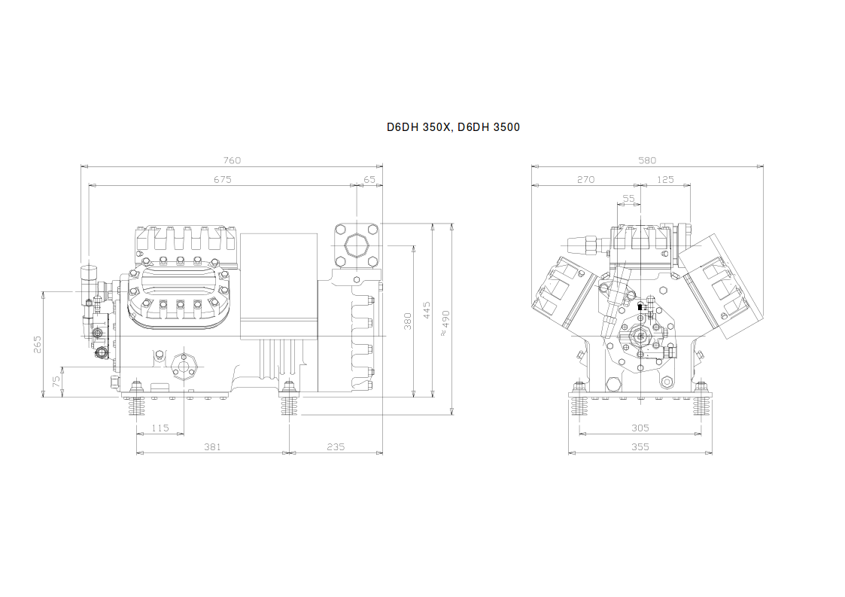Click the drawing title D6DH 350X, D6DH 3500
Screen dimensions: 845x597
click(453, 127)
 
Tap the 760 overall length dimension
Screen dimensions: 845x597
click(232, 160)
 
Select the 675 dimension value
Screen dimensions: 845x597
click(222, 179)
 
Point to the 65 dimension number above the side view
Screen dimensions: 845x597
click(369, 179)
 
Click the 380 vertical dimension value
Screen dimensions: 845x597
click(408, 321)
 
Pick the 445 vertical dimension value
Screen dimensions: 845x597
click(427, 310)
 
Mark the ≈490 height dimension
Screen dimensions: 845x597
click(445, 323)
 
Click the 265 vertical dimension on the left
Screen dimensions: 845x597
click(37, 345)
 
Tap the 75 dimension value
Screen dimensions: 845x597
click(56, 382)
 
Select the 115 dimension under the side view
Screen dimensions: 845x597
click(160, 428)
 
